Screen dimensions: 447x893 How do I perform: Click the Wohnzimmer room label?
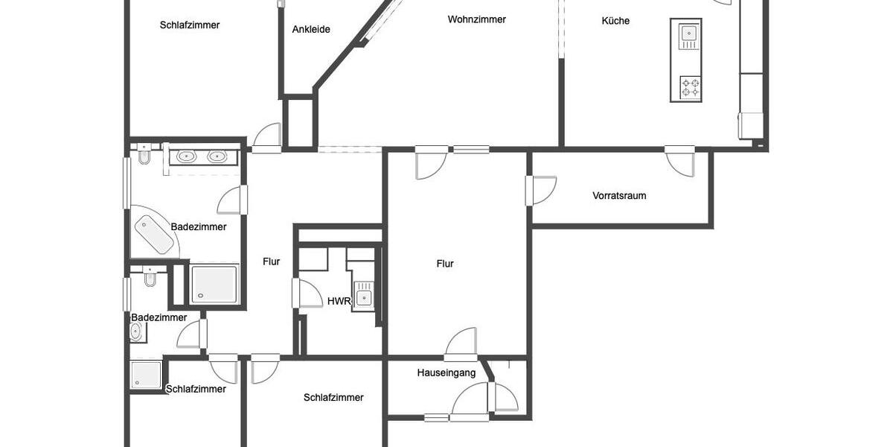(x=476, y=19)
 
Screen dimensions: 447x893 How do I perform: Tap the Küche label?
(x=615, y=21)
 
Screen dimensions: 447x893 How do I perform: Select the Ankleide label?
(x=311, y=30)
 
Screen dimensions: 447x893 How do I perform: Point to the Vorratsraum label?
(x=619, y=196)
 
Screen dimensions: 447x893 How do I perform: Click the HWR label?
(x=339, y=301)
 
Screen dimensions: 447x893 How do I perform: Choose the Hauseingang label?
(x=446, y=372)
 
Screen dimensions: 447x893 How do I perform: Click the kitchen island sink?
(x=688, y=34)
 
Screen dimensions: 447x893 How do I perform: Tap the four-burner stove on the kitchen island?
(x=690, y=88)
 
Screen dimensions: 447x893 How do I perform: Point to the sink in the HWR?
(x=363, y=296)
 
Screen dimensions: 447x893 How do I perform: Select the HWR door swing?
(x=307, y=293)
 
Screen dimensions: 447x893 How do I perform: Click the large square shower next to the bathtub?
(x=214, y=285)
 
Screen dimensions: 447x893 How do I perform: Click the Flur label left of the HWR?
(x=272, y=261)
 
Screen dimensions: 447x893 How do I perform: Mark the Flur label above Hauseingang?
(x=445, y=264)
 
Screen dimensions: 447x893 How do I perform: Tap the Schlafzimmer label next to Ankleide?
(x=190, y=25)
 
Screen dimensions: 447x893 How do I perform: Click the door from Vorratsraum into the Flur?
(x=542, y=189)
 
